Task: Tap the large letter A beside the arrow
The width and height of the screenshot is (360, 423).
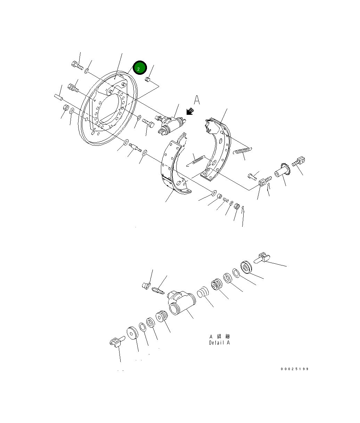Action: tap(197, 100)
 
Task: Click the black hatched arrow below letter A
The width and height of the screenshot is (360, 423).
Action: tap(190, 111)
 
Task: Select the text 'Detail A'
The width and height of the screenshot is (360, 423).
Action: tap(219, 343)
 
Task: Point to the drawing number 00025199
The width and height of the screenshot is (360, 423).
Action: tap(295, 369)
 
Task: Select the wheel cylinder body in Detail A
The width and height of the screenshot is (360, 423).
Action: tap(181, 302)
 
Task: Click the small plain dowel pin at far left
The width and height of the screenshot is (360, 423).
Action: tap(58, 96)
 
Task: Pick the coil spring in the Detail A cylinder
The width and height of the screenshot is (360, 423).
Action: tap(202, 293)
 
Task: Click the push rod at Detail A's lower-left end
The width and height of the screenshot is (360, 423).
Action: tap(116, 343)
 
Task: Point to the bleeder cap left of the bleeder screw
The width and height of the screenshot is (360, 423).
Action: tap(146, 286)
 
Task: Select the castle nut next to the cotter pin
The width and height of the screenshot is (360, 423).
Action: tap(237, 206)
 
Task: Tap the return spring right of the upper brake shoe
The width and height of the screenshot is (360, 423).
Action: tap(242, 151)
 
